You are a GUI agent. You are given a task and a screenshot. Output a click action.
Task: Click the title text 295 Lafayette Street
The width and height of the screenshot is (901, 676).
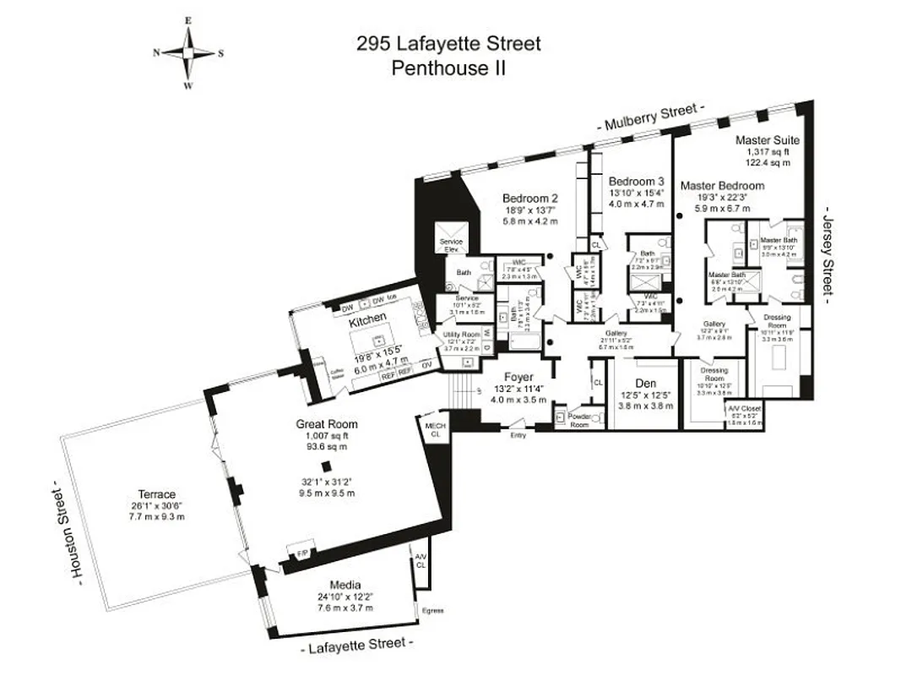(449, 43)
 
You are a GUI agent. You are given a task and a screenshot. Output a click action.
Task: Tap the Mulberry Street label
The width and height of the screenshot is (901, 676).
(651, 117)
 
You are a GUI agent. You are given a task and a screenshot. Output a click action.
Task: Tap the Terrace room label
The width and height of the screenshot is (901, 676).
(156, 494)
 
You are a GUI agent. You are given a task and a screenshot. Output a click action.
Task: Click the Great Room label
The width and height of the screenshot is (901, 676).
(326, 423)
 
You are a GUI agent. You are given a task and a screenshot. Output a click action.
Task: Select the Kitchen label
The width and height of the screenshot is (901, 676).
(368, 318)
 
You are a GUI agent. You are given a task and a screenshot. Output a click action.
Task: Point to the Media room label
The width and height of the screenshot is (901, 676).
(345, 585)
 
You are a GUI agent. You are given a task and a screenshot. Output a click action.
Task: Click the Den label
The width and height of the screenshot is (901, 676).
(645, 383)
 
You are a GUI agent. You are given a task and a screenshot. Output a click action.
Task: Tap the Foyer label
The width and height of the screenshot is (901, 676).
(518, 377)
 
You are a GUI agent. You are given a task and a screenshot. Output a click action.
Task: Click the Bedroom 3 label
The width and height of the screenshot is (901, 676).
(637, 182)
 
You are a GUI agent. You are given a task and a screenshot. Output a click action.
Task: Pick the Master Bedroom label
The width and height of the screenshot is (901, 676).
(722, 186)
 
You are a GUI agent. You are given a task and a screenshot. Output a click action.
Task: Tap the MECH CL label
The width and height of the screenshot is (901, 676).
(435, 429)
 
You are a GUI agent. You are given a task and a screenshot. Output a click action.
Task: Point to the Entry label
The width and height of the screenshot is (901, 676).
(518, 434)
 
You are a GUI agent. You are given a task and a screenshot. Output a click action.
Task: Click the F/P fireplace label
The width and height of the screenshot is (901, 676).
(300, 553)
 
